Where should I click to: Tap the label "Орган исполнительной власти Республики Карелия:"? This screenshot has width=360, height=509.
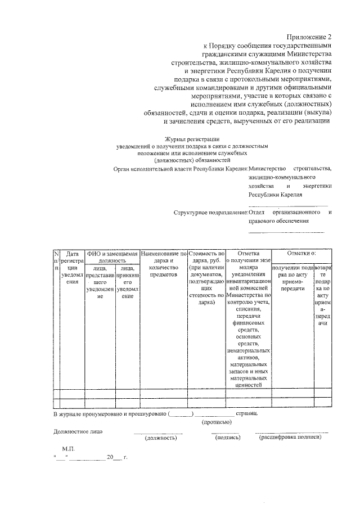click(x=181, y=168)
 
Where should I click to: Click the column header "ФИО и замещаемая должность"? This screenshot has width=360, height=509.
click(x=112, y=257)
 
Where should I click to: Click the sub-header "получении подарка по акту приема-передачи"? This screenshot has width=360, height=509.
click(x=292, y=277)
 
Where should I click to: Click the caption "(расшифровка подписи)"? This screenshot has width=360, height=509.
click(x=290, y=437)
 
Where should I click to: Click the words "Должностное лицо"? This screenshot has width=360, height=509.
click(x=78, y=431)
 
